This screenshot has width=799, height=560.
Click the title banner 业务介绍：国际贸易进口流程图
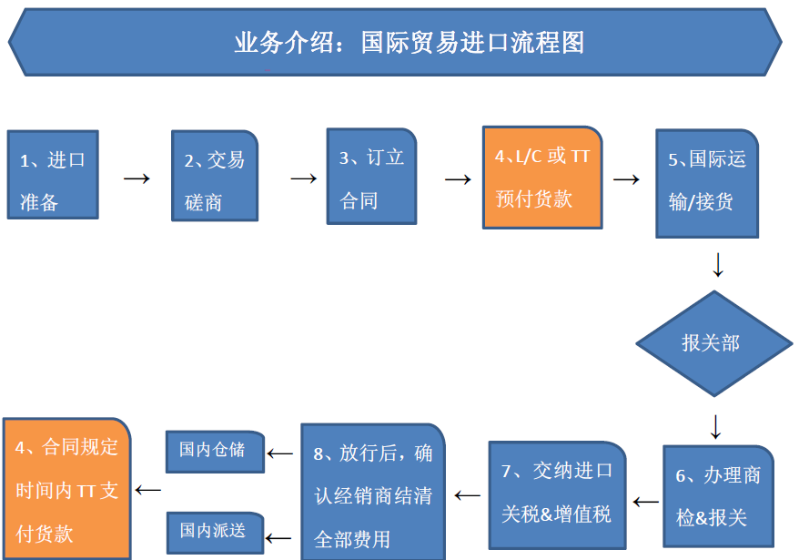coord(396,42)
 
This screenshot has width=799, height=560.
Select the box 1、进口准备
coord(53,175)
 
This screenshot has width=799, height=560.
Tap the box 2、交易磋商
coord(215,176)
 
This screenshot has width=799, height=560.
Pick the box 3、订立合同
coord(371,177)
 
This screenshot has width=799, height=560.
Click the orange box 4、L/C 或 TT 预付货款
coord(542,178)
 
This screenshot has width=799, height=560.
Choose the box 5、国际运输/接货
coord(707,184)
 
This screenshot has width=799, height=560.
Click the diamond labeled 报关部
coord(714,344)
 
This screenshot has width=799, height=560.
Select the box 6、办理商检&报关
coord(719,496)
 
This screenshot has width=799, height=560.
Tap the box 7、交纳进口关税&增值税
coord(558,495)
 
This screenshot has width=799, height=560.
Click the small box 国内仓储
coord(215,452)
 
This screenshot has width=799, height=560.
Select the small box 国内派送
coord(215,533)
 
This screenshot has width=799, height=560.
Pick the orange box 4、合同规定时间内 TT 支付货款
coord(66,489)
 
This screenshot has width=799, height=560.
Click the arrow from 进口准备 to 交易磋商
coord(137,178)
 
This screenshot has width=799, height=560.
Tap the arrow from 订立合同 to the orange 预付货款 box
coord(458,179)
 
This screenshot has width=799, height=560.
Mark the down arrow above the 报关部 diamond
coord(718,264)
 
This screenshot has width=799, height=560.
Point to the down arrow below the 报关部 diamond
coord(716,427)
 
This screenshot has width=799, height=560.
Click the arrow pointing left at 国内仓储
coord(279,453)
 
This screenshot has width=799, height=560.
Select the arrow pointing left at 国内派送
coord(278,538)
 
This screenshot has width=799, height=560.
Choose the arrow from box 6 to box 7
coord(645,503)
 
